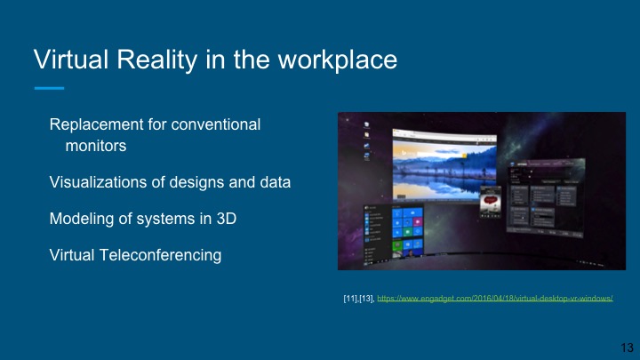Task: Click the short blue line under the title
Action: pos(49,88)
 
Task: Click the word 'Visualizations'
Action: pos(100,182)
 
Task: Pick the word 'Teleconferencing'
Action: pos(163,255)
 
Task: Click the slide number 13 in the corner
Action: pos(624,345)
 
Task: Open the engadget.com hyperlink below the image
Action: pos(496,300)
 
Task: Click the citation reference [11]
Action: pos(350,300)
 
